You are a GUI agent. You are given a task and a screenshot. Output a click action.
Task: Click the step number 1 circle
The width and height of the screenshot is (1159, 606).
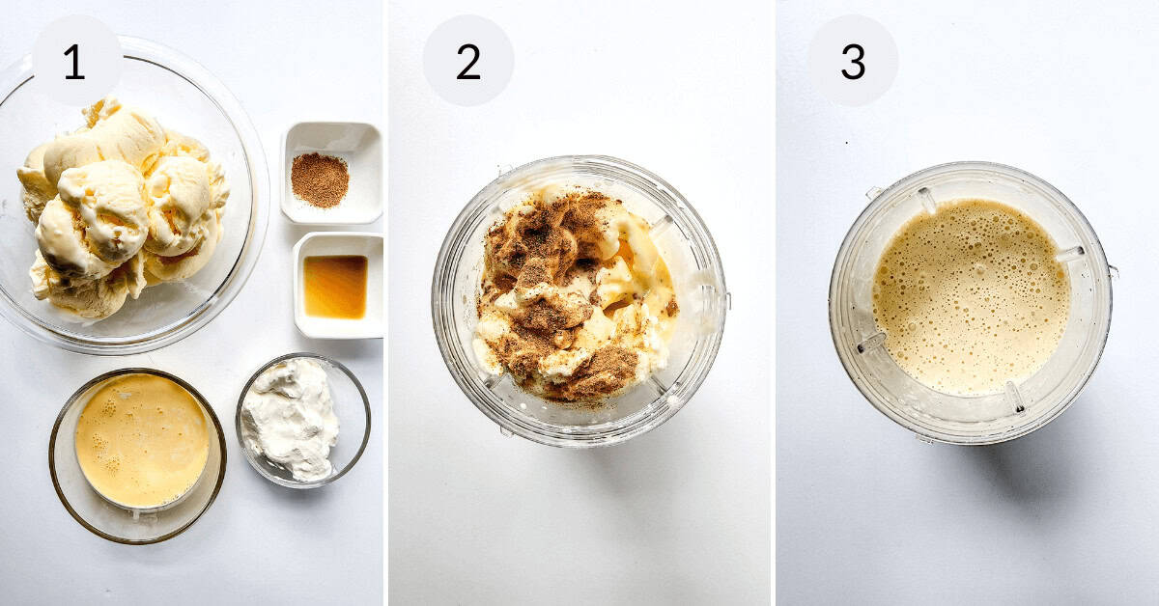[x=76, y=61]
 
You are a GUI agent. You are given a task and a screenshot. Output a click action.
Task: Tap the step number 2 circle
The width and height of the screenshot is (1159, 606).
[x=467, y=61]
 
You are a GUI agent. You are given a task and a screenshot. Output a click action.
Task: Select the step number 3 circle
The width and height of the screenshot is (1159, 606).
[x=853, y=61]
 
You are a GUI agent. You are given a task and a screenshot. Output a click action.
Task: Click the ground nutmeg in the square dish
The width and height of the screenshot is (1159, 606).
[x=320, y=179]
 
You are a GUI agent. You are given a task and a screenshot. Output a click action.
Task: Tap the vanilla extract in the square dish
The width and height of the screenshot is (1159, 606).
[x=335, y=286]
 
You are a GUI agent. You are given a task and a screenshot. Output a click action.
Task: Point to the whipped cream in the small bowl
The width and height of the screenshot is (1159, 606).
[x=292, y=418]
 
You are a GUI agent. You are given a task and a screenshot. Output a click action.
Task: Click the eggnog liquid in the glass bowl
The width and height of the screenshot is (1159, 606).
[x=141, y=439]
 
